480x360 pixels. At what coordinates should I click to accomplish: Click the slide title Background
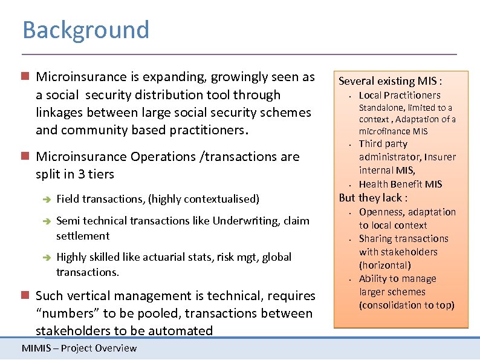pyautogui.click(x=85, y=30)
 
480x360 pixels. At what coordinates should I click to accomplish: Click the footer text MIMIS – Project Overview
pyautogui.click(x=79, y=348)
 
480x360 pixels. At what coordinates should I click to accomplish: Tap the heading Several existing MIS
pyautogui.click(x=390, y=80)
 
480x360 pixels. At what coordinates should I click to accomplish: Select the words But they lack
pyautogui.click(x=373, y=198)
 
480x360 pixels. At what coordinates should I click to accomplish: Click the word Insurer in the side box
pyautogui.click(x=440, y=157)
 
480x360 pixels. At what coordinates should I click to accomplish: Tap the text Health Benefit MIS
pyautogui.click(x=400, y=184)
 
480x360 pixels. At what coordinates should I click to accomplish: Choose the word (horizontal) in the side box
pyautogui.click(x=385, y=265)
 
